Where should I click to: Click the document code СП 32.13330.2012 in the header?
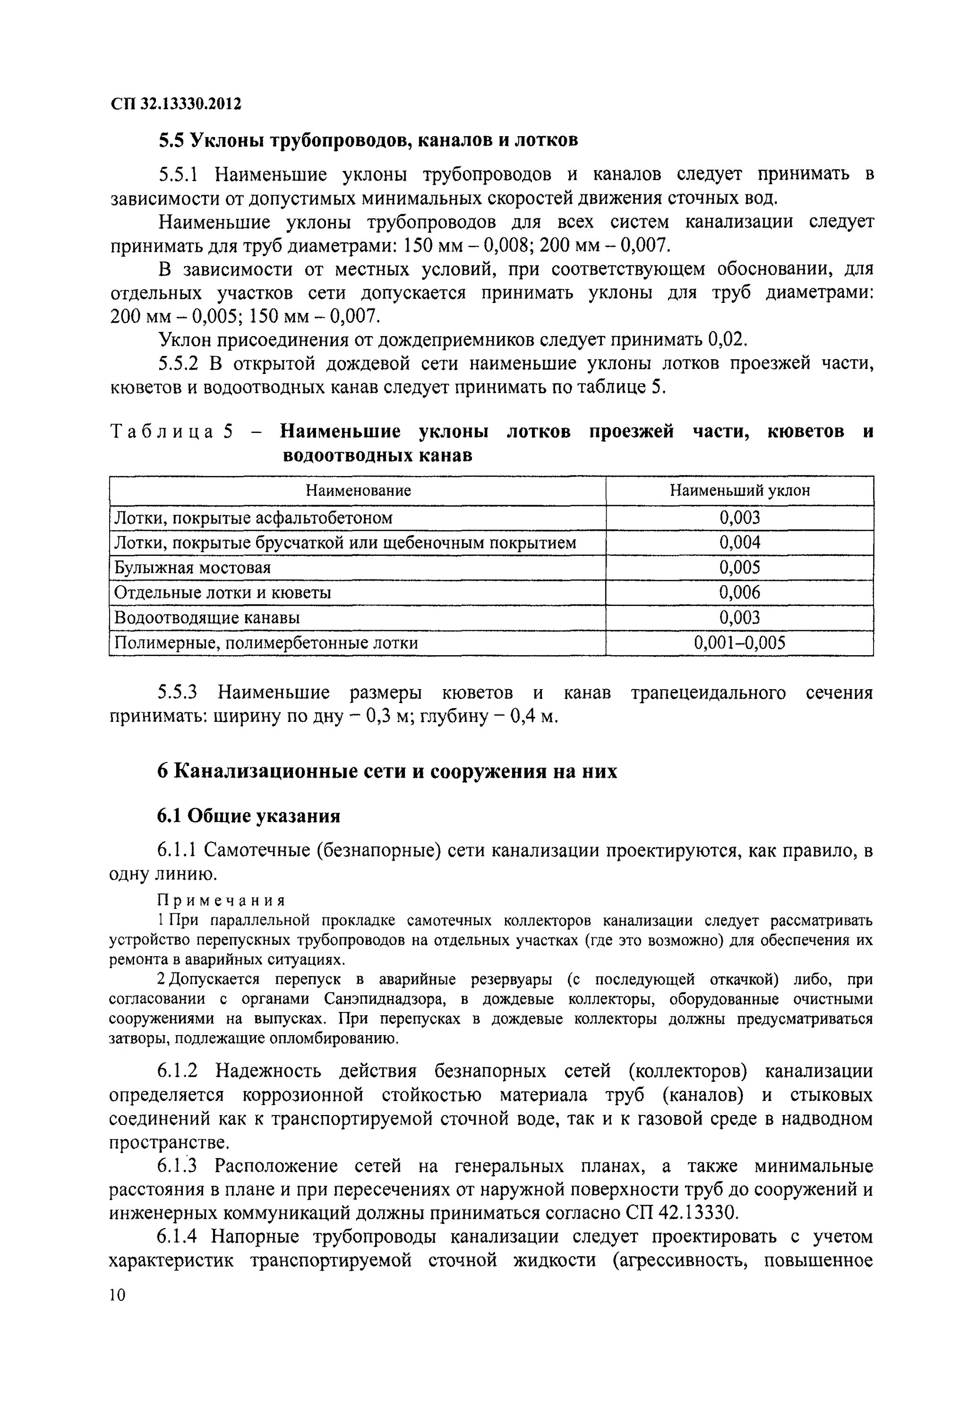pos(176,104)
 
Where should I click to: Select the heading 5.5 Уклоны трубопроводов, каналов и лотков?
pos(368,141)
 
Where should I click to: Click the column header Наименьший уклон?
pos(739,491)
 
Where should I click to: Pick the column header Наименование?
pos(358,491)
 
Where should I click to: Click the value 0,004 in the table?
pos(739,543)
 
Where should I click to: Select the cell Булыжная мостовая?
pos(193,568)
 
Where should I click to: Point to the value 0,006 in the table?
pos(739,592)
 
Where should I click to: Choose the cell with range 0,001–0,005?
pos(739,642)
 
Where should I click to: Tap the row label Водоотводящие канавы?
pos(207,617)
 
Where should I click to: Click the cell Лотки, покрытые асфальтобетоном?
pos(253,518)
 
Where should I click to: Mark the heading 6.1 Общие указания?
pos(249,816)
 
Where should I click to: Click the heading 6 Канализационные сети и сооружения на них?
pos(387,771)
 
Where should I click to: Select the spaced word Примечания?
pos(222,900)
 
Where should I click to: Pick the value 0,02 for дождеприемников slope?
pos(728,339)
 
